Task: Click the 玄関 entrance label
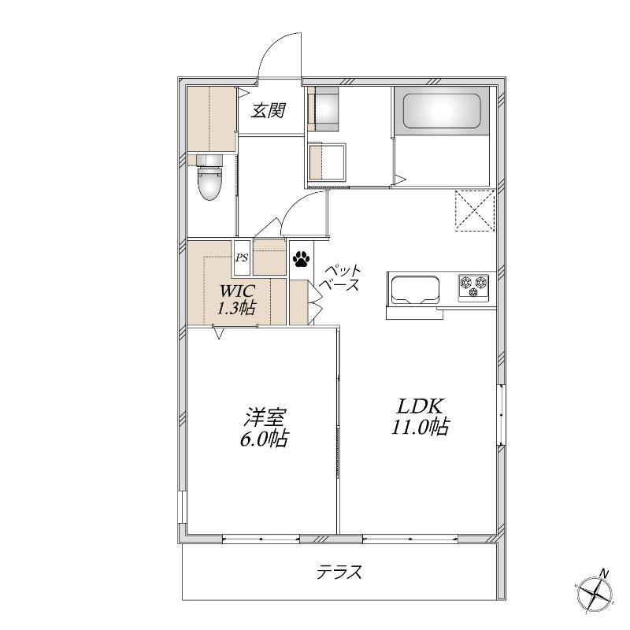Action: [x=269, y=110]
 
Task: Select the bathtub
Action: [x=442, y=111]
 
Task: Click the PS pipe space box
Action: [x=242, y=258]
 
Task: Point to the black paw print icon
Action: [x=302, y=259]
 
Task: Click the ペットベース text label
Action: [x=341, y=278]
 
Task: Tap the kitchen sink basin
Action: [x=416, y=288]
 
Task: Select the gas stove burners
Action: [x=474, y=286]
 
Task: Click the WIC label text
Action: [x=237, y=290]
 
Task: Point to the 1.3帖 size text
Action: [x=237, y=309]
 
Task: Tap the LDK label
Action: [x=421, y=406]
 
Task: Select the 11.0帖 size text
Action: [x=421, y=427]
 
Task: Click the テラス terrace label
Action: [x=339, y=572]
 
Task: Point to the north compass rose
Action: [x=595, y=595]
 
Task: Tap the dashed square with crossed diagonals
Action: [x=475, y=210]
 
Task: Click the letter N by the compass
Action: [x=604, y=573]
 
